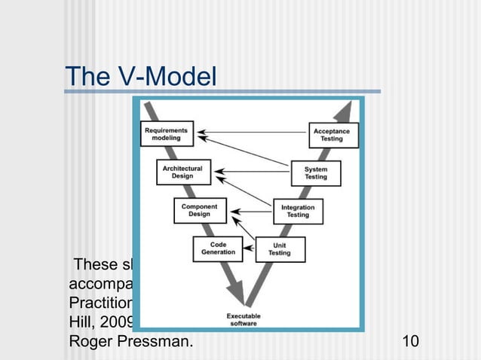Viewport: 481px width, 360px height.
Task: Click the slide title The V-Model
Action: click(140, 77)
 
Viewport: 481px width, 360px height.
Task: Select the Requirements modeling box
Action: click(167, 134)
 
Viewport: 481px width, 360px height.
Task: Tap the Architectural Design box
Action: click(183, 172)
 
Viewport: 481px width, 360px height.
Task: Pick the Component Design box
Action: click(200, 210)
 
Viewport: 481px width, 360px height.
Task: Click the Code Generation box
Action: click(219, 248)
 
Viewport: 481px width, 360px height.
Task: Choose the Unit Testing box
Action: click(279, 249)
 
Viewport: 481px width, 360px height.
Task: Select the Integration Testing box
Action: click(298, 210)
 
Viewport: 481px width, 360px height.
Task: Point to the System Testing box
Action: click(316, 172)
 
